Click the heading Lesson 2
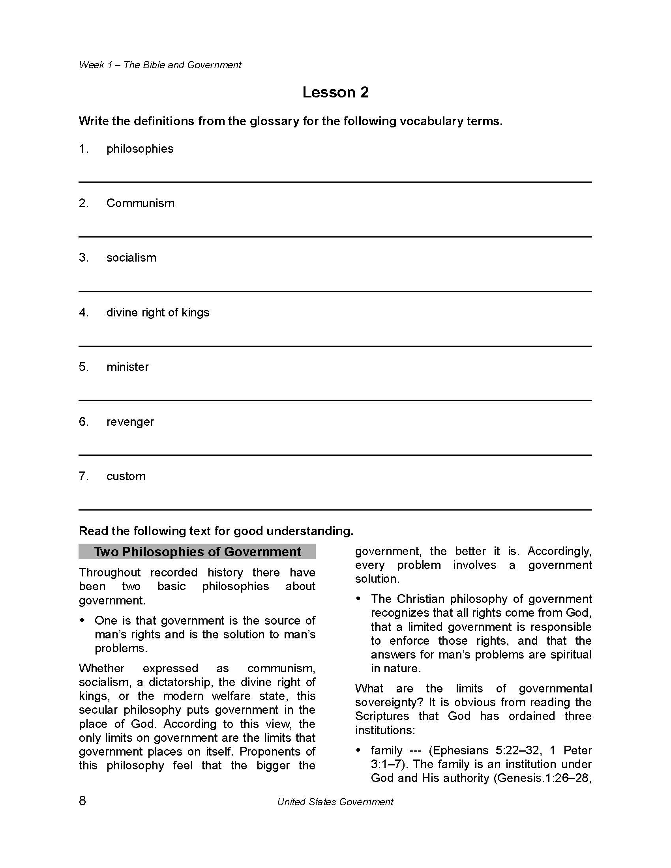pyautogui.click(x=335, y=92)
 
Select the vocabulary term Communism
pyautogui.click(x=140, y=203)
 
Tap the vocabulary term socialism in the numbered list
pyautogui.click(x=131, y=258)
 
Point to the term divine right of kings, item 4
pyautogui.click(x=157, y=312)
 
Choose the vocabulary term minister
pyautogui.click(x=127, y=367)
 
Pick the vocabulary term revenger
pyautogui.click(x=129, y=421)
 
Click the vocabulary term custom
pyautogui.click(x=126, y=476)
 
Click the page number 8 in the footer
pyautogui.click(x=82, y=801)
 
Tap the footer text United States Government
pyautogui.click(x=335, y=802)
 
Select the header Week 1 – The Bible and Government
pyautogui.click(x=160, y=65)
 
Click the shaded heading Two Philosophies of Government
pyautogui.click(x=197, y=552)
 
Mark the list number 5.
pyautogui.click(x=83, y=367)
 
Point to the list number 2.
pyautogui.click(x=83, y=203)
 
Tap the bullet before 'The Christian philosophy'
pyautogui.click(x=358, y=599)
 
